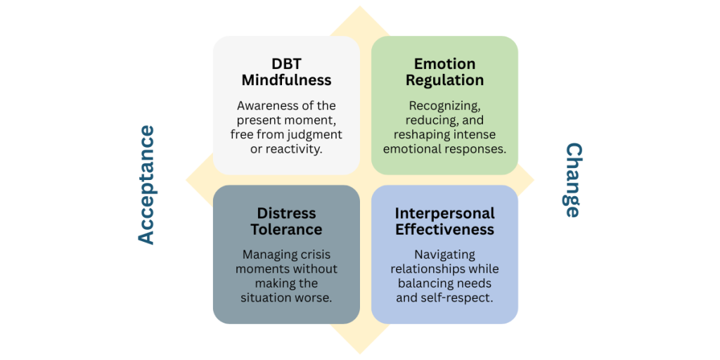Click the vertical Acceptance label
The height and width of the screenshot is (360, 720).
pyautogui.click(x=146, y=185)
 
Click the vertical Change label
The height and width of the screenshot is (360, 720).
pyautogui.click(x=573, y=180)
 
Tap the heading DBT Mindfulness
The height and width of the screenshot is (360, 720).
pyautogui.click(x=286, y=72)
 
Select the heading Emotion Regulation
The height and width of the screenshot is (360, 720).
pyautogui.click(x=444, y=72)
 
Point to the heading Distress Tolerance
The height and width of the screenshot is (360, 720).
pyautogui.click(x=286, y=221)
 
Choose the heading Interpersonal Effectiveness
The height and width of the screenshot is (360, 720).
pyautogui.click(x=444, y=221)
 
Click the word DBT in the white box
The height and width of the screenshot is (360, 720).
pyautogui.click(x=286, y=64)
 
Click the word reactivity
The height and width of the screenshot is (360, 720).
pyautogui.click(x=294, y=148)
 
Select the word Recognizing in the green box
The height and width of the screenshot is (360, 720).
pyautogui.click(x=444, y=105)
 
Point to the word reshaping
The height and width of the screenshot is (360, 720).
pyautogui.click(x=416, y=134)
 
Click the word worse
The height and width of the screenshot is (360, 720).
pyautogui.click(x=315, y=297)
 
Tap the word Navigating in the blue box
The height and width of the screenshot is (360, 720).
pyautogui.click(x=444, y=255)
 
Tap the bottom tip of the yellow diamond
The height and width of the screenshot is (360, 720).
pyautogui.click(x=361, y=352)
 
